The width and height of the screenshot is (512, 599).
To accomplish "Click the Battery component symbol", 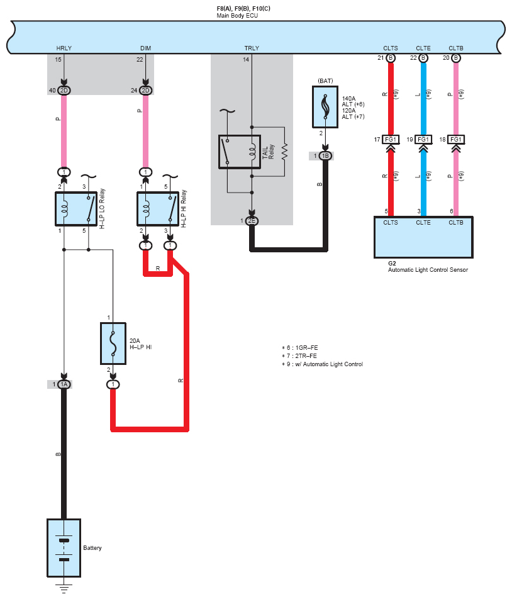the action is click(64, 548).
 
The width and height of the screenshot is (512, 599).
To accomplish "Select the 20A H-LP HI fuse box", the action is click(113, 344).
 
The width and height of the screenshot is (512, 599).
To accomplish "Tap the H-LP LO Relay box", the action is click(76, 209).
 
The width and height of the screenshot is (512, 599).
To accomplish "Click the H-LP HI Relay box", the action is click(158, 209).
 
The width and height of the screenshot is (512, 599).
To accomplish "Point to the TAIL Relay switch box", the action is click(240, 152).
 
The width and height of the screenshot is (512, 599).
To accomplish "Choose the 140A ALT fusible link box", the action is click(325, 107).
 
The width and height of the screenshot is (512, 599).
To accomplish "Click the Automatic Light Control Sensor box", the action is click(423, 237).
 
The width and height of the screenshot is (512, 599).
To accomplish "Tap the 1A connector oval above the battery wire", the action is click(64, 384).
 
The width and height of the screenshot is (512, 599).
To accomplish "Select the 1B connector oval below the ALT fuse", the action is click(325, 156).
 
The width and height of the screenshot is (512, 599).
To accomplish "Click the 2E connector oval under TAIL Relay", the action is click(252, 221).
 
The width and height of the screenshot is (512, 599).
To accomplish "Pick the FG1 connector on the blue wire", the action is click(423, 140).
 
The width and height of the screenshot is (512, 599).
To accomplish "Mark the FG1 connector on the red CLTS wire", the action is click(391, 140).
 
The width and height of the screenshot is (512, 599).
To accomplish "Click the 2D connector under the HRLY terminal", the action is click(64, 91).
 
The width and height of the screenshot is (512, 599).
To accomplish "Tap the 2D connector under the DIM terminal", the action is click(145, 91).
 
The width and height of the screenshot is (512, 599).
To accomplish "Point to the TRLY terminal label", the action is click(252, 48).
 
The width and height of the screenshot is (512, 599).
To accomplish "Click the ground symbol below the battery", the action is click(64, 588).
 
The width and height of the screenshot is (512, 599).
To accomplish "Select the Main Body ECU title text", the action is click(237, 16).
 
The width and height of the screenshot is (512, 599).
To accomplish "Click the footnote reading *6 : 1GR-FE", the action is click(300, 347).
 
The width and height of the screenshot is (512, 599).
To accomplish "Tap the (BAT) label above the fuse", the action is click(325, 81).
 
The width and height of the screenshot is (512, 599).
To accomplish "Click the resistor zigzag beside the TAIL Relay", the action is click(284, 152).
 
